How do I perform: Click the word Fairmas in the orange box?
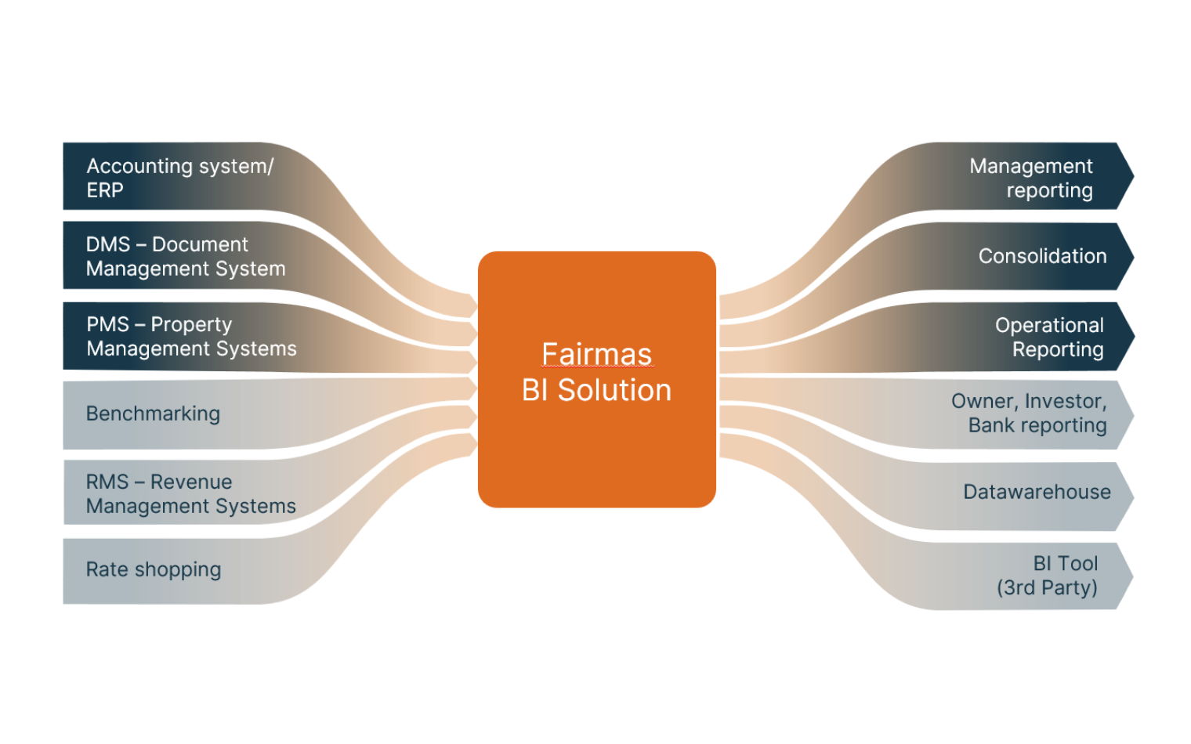(x=596, y=354)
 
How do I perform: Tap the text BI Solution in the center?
(x=596, y=390)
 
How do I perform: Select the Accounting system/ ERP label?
(x=179, y=178)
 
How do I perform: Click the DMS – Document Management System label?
(x=186, y=256)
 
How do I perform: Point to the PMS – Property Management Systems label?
(x=191, y=336)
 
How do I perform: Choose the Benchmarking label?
(x=153, y=414)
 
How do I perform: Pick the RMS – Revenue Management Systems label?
(x=190, y=493)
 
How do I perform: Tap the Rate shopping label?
(x=154, y=569)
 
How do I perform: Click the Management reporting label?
(x=1030, y=178)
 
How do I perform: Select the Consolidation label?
(x=1042, y=256)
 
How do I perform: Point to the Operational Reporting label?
(x=1049, y=337)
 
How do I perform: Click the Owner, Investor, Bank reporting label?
(x=1029, y=413)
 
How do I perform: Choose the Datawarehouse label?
(x=1037, y=492)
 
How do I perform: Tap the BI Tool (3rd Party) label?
(x=1047, y=575)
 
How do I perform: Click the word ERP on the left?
(x=105, y=190)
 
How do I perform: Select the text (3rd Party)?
(x=1047, y=587)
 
